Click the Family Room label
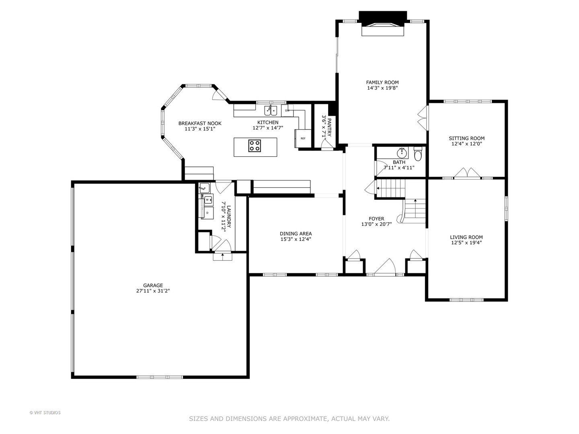(382, 82)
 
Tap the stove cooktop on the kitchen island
(255, 146)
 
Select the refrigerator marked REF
(303, 138)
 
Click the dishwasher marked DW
(287, 111)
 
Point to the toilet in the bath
(418, 154)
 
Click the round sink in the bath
(402, 153)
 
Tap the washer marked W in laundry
(207, 200)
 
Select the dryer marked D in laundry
(207, 213)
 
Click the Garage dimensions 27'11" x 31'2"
(153, 291)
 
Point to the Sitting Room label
(467, 138)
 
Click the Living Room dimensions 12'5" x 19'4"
(466, 243)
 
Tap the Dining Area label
(296, 234)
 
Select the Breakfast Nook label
(200, 123)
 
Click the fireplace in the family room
(383, 24)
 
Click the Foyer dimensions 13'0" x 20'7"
(376, 224)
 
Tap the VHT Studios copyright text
(45, 413)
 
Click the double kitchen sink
(271, 110)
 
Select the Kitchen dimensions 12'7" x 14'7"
(268, 128)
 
